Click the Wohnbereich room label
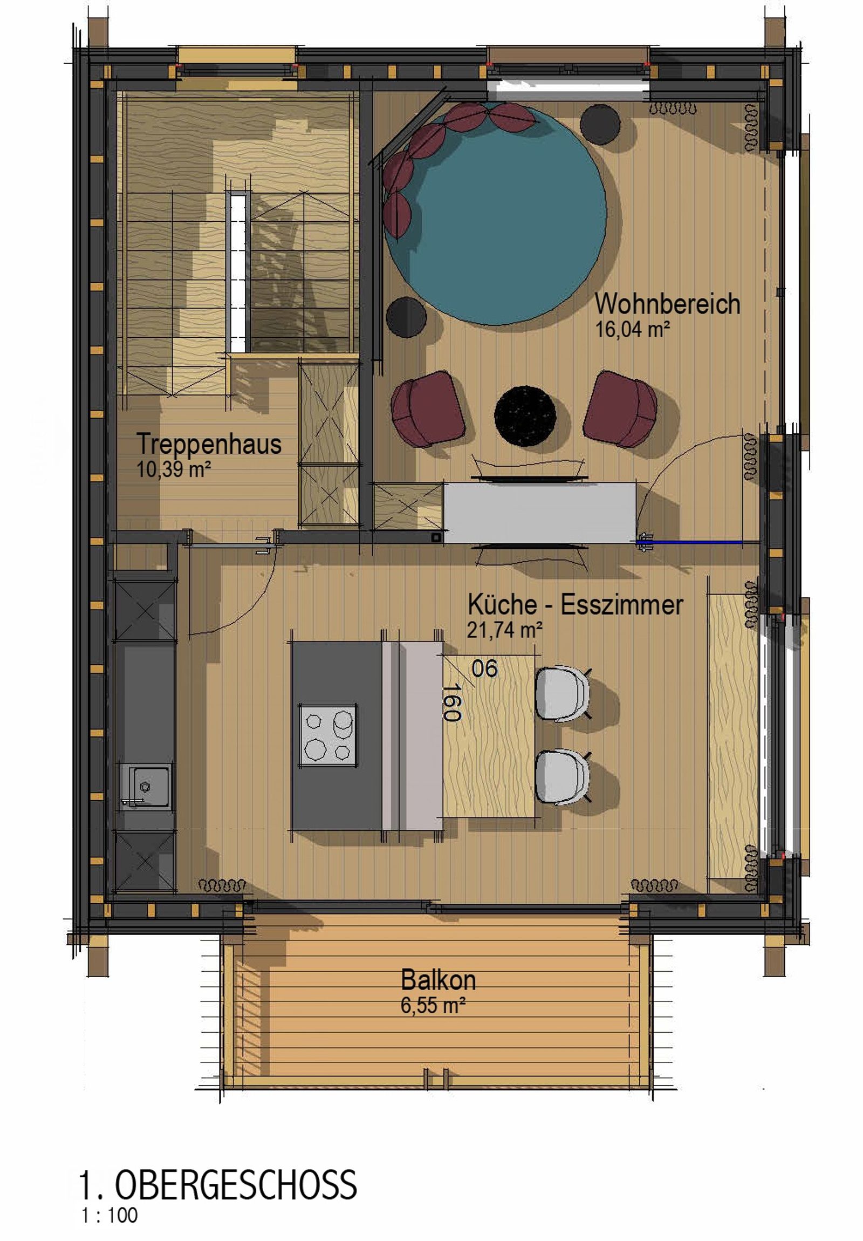point(667,304)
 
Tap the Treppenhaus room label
point(209,444)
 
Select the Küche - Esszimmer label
point(576,604)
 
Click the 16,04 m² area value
point(633,329)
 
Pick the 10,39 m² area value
point(174,469)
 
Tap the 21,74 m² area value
point(505,630)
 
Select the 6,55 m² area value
point(433,1005)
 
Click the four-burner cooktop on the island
point(328,735)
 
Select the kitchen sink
point(145,787)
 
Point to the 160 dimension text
point(451,702)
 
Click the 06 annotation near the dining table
point(484,669)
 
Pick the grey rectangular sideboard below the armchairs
point(539,513)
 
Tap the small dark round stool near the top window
point(600,124)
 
